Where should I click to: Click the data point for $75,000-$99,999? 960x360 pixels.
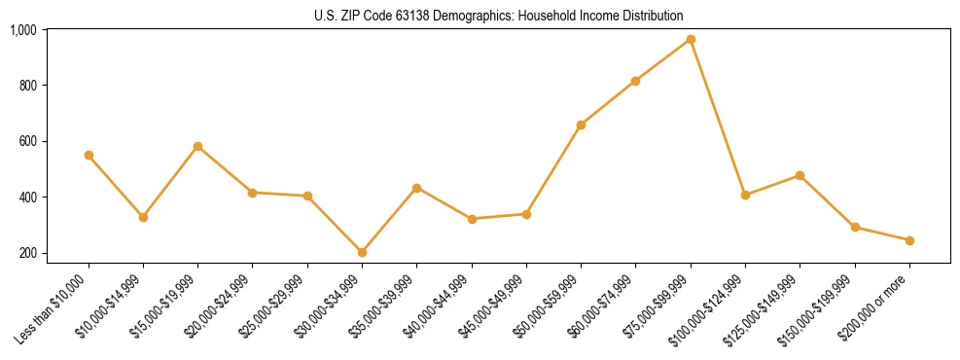tap(691, 39)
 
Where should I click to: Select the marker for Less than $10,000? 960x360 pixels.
tap(89, 155)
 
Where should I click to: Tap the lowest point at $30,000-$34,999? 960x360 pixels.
tap(363, 252)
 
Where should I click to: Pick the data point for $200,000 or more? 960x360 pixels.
tap(909, 240)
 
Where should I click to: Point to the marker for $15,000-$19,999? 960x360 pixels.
tap(198, 146)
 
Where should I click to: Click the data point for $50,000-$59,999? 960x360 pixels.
tap(581, 125)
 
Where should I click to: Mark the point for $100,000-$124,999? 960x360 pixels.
tap(745, 195)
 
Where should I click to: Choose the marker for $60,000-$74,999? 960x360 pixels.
tap(636, 81)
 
